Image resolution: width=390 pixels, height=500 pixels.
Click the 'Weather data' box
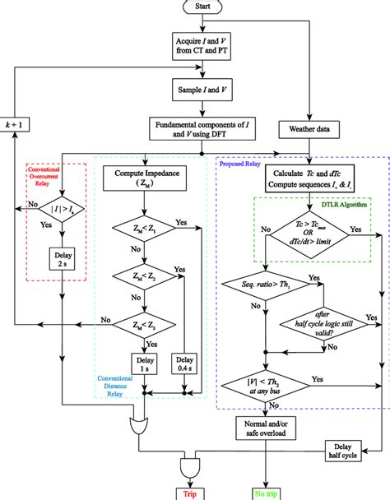308,129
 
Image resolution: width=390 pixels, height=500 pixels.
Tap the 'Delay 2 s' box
62,259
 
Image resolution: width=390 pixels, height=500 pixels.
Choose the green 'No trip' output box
265,492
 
